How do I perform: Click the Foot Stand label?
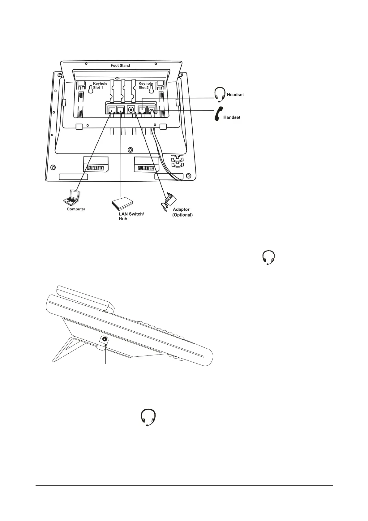pyautogui.click(x=120, y=66)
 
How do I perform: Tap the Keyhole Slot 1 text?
pyautogui.click(x=100, y=86)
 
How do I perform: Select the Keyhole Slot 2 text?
pyautogui.click(x=145, y=86)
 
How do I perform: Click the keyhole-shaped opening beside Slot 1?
pyautogui.click(x=90, y=89)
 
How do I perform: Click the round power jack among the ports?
pyautogui.click(x=131, y=110)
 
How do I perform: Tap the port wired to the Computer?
pyautogui.click(x=111, y=110)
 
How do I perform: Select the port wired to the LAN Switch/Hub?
pyautogui.click(x=120, y=110)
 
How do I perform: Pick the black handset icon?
pyautogui.click(x=219, y=114)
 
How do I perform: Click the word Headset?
pyautogui.click(x=235, y=95)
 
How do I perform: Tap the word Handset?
pyautogui.click(x=232, y=118)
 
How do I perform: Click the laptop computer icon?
pyautogui.click(x=71, y=197)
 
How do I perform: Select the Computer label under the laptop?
pyautogui.click(x=76, y=209)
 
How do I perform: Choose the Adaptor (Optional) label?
pyautogui.click(x=182, y=212)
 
